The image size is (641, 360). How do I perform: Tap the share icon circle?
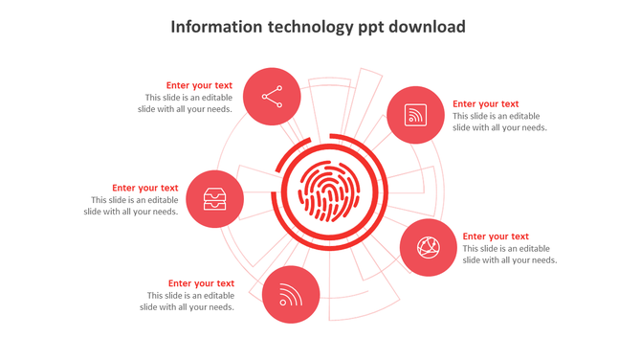272,97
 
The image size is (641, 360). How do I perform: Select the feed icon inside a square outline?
415,116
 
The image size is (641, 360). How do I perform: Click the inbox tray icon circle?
214,199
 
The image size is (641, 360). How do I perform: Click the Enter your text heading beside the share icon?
199,85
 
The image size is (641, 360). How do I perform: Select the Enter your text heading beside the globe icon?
496,236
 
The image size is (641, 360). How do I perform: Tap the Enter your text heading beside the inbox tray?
144,188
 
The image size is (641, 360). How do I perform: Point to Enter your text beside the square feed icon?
485,104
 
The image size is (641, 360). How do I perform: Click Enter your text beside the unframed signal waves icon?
201,283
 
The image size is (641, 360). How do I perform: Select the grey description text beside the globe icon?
510,255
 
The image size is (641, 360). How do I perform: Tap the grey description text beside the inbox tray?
131,206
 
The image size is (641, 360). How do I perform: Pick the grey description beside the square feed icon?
499,122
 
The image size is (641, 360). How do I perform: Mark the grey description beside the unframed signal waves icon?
187,302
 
